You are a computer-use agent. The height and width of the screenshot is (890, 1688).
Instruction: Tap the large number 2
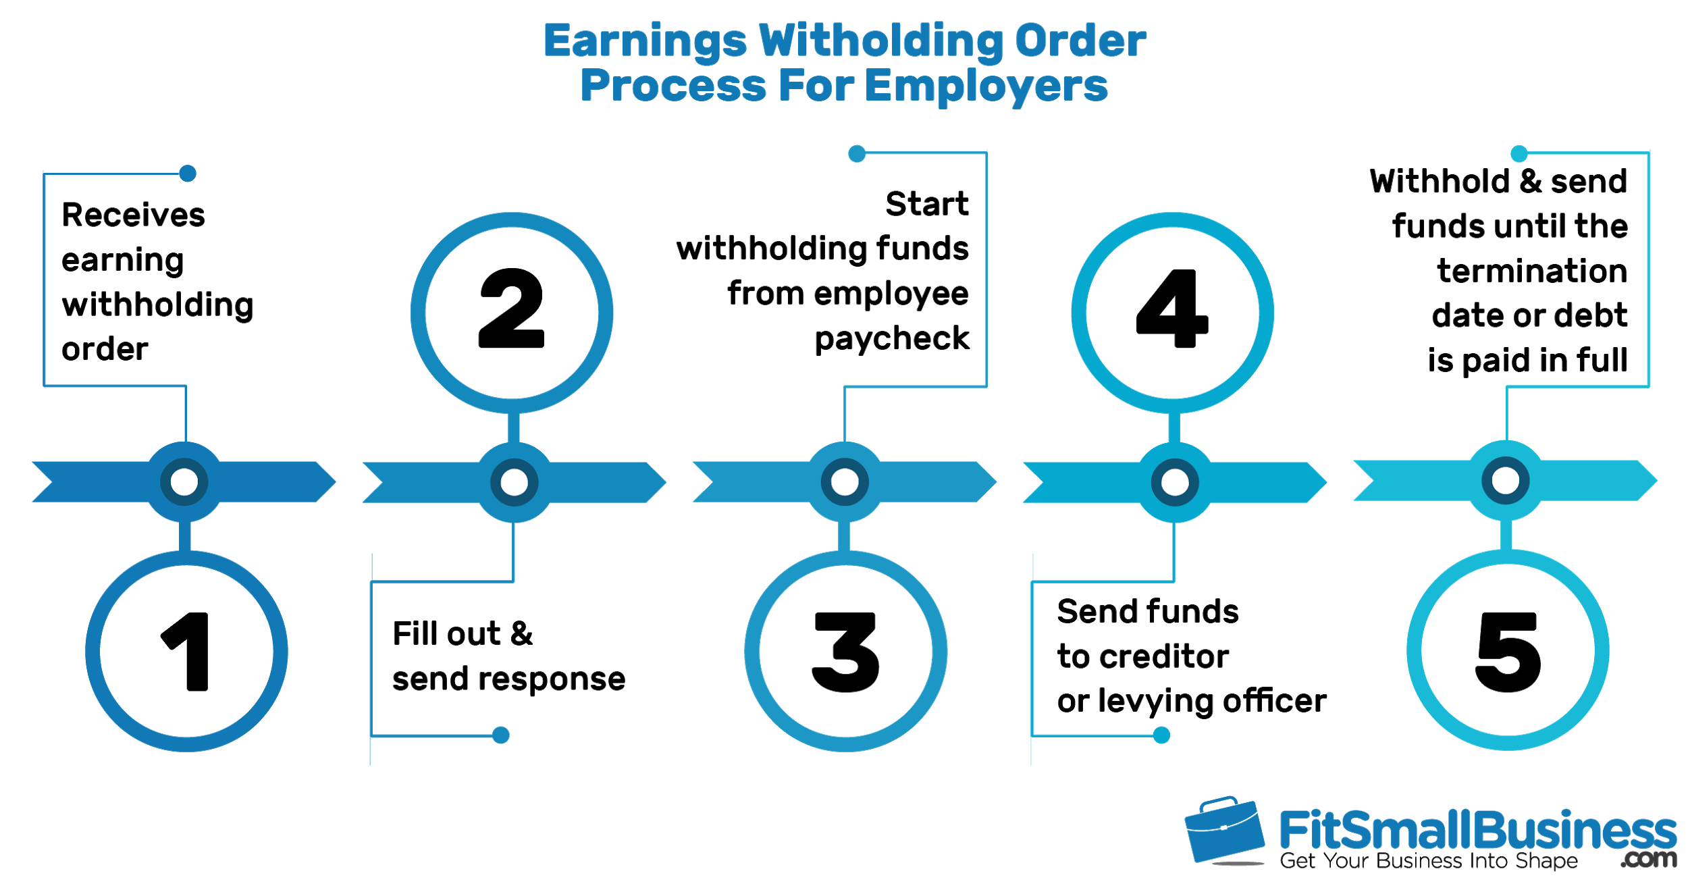[511, 308]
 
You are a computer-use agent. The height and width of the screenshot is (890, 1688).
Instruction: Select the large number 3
[845, 652]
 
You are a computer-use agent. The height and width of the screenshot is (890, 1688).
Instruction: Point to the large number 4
[1172, 308]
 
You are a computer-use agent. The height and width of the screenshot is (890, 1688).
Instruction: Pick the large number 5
[1508, 652]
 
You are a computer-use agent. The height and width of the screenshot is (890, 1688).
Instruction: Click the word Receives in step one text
[133, 215]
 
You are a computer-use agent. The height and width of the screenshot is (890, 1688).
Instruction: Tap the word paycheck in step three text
[891, 339]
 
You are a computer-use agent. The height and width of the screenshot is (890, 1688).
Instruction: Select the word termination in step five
[1532, 271]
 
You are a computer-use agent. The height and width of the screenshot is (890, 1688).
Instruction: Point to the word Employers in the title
[986, 86]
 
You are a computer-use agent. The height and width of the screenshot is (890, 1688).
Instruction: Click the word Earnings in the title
[645, 42]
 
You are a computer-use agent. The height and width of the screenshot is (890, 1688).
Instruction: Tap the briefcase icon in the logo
[1224, 831]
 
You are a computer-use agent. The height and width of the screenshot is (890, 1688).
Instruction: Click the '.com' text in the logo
[1648, 859]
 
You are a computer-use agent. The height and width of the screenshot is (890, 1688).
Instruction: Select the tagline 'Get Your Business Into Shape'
[1429, 861]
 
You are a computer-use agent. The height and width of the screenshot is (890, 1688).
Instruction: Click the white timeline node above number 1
[184, 482]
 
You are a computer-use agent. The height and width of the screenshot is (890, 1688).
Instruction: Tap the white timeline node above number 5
[1506, 481]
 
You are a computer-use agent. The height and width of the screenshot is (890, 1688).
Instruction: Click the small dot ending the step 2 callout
[501, 735]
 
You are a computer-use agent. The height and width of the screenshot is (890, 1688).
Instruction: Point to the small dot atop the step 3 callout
[857, 154]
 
